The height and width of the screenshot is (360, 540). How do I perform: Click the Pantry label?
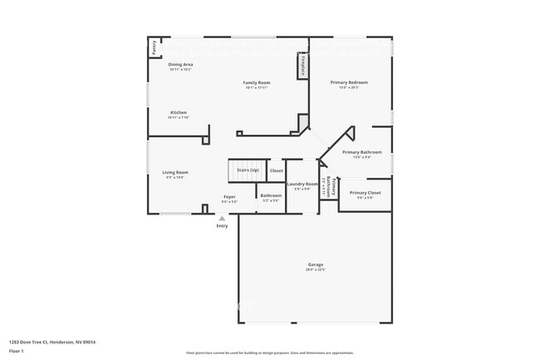click(154, 48)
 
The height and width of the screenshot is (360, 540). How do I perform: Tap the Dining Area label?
click(180, 64)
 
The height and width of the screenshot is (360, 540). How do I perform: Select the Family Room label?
click(256, 82)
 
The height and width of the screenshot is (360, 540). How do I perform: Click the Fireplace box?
click(303, 65)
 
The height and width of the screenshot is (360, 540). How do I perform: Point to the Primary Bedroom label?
click(349, 82)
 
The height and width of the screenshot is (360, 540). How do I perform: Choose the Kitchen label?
click(179, 112)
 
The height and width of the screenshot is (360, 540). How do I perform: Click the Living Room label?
click(174, 172)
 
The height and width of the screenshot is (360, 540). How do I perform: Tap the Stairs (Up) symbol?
click(248, 170)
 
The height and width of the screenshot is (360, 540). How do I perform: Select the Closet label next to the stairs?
click(276, 170)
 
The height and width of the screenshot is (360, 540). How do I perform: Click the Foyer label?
click(229, 197)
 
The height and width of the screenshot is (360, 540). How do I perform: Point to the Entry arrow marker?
click(222, 219)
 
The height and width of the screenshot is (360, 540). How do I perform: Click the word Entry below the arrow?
click(222, 226)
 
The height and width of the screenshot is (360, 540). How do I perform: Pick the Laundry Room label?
click(302, 184)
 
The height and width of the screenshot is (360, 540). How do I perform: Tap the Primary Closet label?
click(365, 192)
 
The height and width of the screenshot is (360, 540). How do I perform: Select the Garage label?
click(315, 264)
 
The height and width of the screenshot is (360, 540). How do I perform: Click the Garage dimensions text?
click(315, 269)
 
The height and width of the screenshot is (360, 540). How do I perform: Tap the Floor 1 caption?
click(17, 351)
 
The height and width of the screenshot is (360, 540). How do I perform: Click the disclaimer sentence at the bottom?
click(270, 353)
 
